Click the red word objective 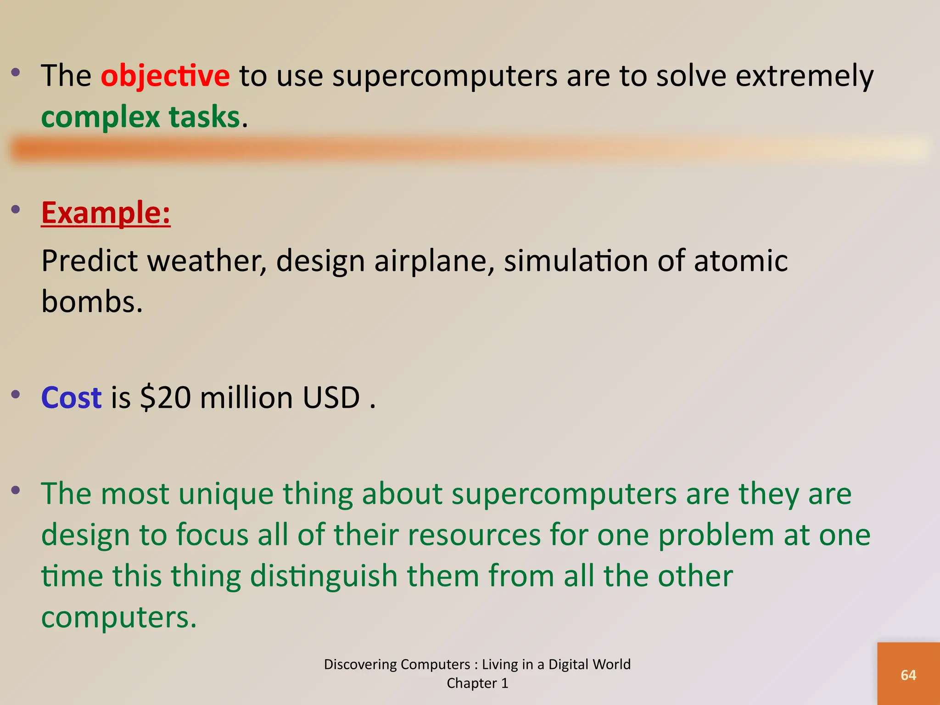[x=165, y=76]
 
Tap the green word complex [x=100, y=117]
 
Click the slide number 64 [x=908, y=675]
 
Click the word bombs [x=92, y=302]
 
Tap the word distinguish [x=324, y=576]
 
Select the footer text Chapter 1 [x=477, y=683]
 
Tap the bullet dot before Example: [x=16, y=210]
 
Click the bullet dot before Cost [x=16, y=394]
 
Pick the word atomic [x=740, y=261]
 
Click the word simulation [x=576, y=261]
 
